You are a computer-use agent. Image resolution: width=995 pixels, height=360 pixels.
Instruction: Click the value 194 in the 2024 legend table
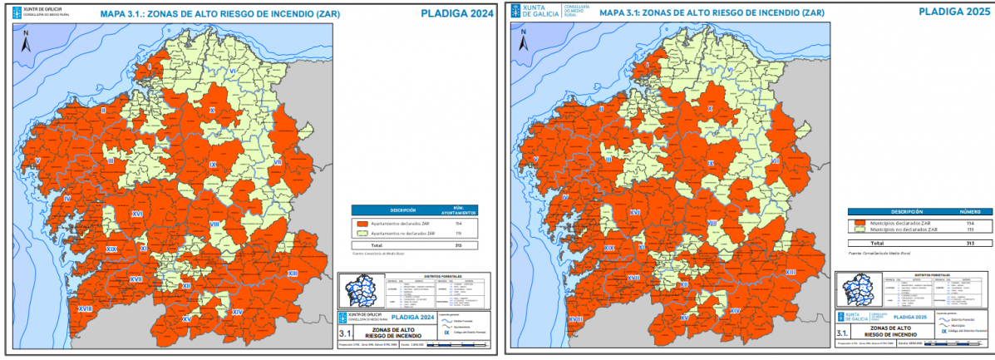coord(458,224)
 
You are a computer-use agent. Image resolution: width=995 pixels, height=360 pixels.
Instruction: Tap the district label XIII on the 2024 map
coord(293,274)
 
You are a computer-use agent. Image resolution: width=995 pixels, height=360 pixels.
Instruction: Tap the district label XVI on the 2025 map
coord(634,213)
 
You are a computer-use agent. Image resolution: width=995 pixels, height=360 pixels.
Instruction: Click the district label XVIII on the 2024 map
coord(85,308)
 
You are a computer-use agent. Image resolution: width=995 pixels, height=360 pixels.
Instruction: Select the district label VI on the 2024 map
coord(234,72)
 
